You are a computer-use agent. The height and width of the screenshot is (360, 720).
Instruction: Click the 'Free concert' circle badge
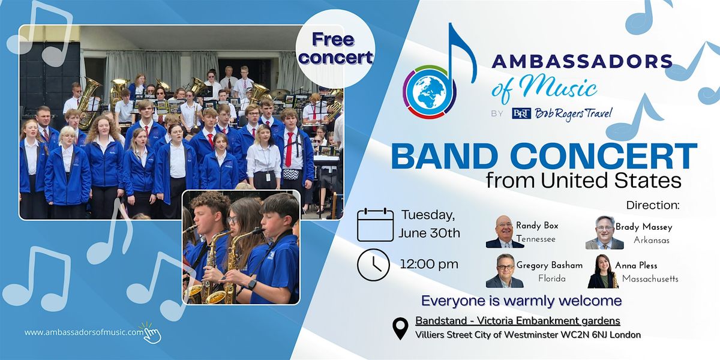(335, 49)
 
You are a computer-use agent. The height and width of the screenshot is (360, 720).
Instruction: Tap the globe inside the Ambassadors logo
(430, 91)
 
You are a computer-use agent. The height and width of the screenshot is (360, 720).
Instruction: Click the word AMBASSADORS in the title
(582, 61)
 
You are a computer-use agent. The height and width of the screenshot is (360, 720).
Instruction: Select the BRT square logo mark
(521, 113)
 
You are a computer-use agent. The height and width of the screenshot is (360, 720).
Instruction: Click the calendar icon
(375, 224)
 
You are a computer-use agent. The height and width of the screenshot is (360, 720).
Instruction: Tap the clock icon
(373, 265)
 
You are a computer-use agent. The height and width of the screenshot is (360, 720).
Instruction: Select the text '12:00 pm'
(429, 264)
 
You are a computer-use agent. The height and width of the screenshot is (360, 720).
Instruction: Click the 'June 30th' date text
(429, 233)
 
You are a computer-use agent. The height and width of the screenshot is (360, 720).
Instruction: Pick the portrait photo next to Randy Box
(505, 232)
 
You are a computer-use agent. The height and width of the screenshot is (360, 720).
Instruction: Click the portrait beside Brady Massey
(605, 233)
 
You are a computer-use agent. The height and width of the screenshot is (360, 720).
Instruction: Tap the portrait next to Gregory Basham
(505, 271)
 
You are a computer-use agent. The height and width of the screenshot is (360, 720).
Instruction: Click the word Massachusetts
(650, 278)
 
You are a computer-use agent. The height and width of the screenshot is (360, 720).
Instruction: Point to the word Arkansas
(652, 240)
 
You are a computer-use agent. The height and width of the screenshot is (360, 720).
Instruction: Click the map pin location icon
(401, 329)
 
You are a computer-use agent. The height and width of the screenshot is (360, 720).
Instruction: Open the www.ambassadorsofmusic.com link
(84, 332)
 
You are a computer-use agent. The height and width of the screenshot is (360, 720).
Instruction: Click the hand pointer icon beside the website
(152, 334)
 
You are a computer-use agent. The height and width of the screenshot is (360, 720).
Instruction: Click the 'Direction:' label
(653, 205)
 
